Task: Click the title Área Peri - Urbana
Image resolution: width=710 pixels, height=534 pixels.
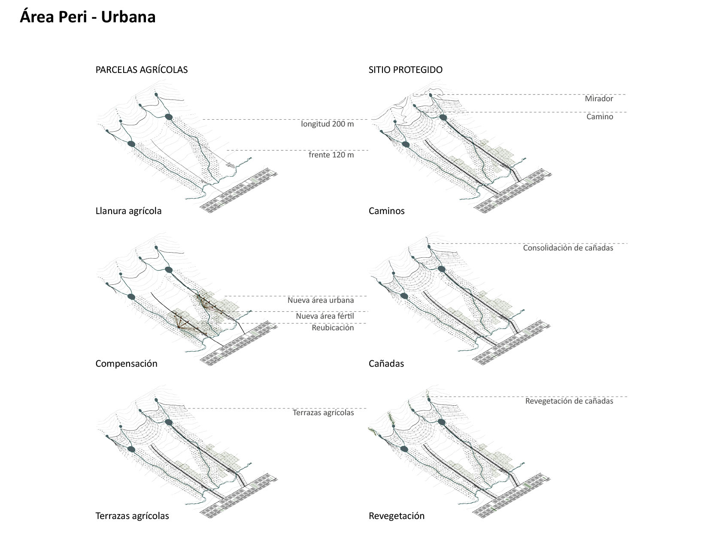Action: [88, 17]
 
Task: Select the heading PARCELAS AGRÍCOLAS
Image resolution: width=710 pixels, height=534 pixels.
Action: [141, 70]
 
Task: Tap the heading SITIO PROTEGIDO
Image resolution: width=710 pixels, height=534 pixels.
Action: [405, 70]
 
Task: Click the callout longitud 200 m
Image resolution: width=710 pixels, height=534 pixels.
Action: [327, 124]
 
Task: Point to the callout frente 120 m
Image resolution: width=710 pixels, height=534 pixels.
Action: [331, 155]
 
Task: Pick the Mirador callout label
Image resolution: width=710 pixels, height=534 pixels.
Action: [598, 99]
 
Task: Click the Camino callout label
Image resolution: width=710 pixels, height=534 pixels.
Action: [600, 117]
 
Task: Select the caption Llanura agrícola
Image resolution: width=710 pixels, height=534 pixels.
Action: [128, 211]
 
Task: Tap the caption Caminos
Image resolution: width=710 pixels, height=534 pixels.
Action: [386, 211]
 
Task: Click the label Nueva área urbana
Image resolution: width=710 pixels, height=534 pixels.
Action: [321, 300]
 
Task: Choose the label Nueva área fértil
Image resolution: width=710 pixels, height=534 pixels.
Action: [325, 316]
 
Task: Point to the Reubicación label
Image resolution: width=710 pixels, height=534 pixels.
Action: [333, 328]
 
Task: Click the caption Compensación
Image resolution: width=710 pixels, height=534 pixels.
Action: [126, 364]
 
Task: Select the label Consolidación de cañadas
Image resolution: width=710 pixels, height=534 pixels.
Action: [567, 248]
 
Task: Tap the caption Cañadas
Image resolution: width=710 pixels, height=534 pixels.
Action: [386, 364]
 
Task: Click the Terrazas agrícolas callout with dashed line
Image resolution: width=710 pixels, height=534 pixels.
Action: [323, 413]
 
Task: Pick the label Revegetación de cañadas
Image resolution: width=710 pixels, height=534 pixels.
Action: [569, 401]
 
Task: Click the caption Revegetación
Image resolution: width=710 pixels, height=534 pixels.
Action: [396, 516]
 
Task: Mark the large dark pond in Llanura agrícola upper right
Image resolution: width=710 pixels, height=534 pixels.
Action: [169, 117]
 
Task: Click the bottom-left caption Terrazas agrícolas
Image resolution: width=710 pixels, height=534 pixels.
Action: [132, 516]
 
